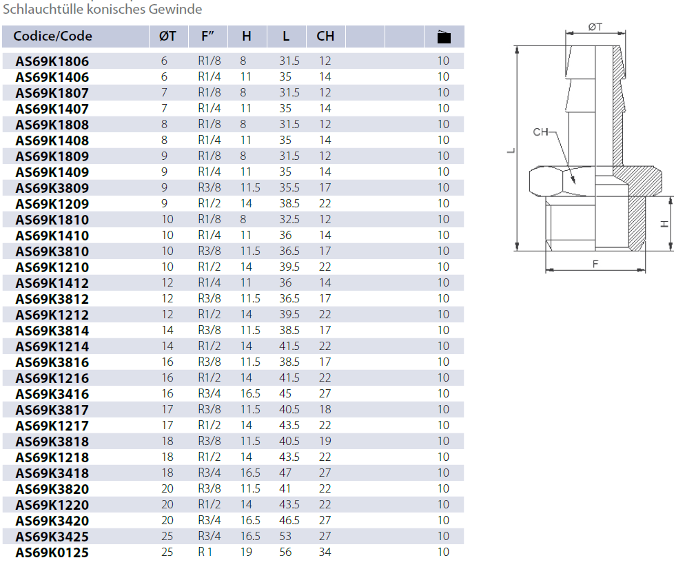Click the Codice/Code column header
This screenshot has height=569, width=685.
pos(52,37)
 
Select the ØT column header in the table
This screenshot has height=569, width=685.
pos(167,37)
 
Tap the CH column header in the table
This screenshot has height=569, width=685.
pos(325,37)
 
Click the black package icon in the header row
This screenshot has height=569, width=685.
pos(444,37)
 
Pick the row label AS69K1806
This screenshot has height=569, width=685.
pos(52,61)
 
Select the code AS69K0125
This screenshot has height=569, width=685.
pos(52,553)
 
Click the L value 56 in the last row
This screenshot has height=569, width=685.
pos(285,552)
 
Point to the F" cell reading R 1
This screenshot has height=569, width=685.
pos(205,552)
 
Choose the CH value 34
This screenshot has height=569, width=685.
pos(325,552)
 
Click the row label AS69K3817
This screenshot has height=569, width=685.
pos(52,410)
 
